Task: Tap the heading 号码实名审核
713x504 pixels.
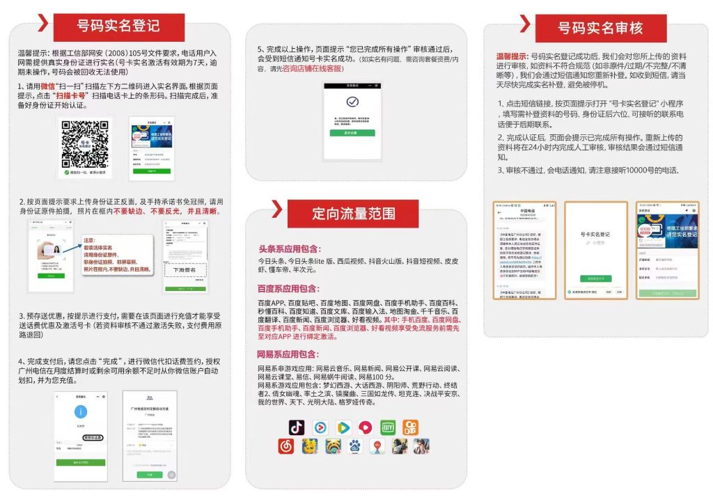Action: pos(600,28)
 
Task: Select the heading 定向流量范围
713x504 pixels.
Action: pos(354,213)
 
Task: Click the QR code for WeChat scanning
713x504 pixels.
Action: pos(84,143)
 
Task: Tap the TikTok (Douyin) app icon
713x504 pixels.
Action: pos(297,427)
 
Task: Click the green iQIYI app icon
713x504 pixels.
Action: pos(388,427)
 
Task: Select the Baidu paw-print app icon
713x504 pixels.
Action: pos(355,446)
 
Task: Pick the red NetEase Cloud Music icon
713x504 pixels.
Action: pos(286,446)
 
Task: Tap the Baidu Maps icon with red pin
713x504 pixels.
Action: pos(377,446)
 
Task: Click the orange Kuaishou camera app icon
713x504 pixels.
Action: pos(411,427)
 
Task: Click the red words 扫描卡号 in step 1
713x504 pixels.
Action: pos(72,95)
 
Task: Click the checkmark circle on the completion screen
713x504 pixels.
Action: pos(352,102)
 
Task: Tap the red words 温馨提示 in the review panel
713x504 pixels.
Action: pos(511,55)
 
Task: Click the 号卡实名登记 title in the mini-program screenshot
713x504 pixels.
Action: pos(595,235)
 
